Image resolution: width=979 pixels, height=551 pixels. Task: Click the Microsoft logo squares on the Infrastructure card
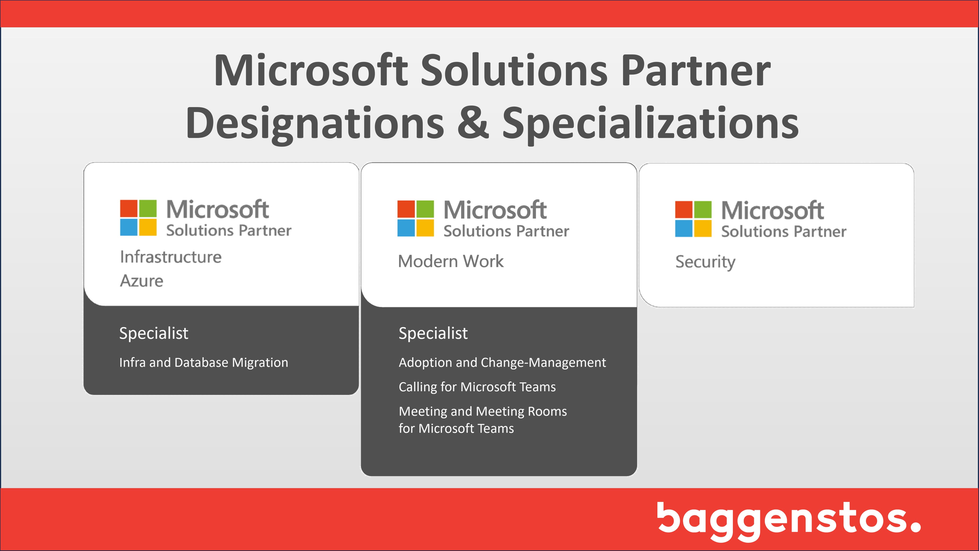point(138,218)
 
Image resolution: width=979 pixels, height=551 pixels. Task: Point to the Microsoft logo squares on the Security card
point(693,219)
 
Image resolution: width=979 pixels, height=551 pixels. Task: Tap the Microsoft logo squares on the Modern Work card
point(416,218)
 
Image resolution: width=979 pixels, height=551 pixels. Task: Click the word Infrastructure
point(171,257)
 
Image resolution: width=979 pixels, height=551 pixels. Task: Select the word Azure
point(141,281)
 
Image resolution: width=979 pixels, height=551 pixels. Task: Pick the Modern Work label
point(451,262)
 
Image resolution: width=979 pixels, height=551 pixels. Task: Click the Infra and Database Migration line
point(204,363)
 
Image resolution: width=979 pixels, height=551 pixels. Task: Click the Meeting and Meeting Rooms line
point(483,411)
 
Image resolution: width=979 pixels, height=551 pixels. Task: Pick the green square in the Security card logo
point(703,209)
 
